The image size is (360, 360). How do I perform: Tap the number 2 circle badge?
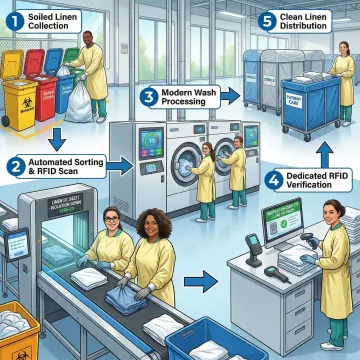tap(15, 165)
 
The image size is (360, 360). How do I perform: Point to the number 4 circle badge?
tap(273, 181)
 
